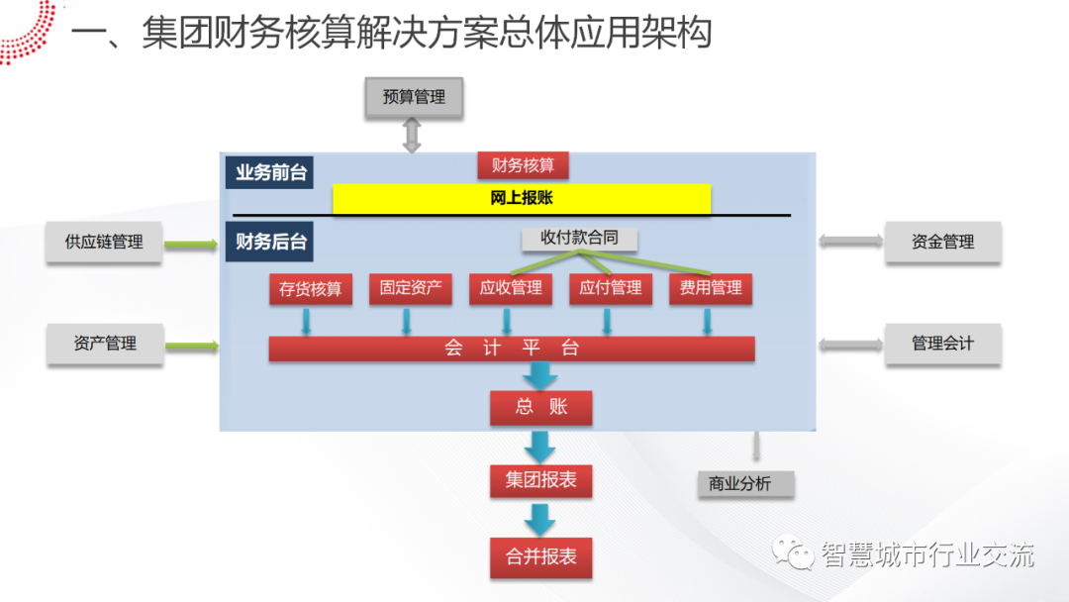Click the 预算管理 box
(414, 97)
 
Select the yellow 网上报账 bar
(522, 198)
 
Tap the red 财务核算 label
(523, 165)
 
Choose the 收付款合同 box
(579, 239)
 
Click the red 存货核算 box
(310, 289)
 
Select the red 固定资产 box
(410, 288)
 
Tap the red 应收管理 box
(511, 288)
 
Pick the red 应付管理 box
(611, 288)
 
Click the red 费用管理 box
(711, 288)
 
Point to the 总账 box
(540, 407)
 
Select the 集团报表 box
(540, 481)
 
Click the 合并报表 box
(540, 557)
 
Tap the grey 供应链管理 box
(104, 242)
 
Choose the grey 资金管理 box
(942, 242)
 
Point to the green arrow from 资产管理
(192, 346)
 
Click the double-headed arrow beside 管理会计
(850, 344)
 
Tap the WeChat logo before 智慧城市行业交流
(795, 553)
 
